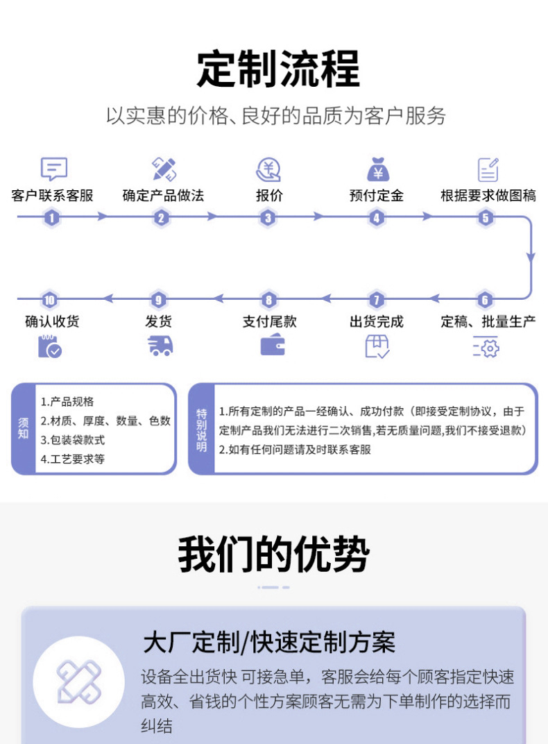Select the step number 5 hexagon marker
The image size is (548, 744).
(486, 217)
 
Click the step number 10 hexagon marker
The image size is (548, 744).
(49, 300)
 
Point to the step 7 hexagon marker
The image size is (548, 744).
(376, 300)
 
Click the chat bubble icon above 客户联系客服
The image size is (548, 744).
(53, 169)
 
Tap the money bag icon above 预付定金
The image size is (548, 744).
(377, 169)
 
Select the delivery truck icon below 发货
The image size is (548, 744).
(160, 345)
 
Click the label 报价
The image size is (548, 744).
(269, 196)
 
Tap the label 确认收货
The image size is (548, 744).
(52, 321)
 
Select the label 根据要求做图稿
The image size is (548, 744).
(488, 196)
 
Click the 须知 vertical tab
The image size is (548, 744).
(24, 429)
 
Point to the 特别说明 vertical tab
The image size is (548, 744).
(201, 429)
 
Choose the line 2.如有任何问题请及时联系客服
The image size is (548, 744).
(295, 450)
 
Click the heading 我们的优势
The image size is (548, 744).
(273, 555)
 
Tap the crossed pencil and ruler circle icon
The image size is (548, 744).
(79, 681)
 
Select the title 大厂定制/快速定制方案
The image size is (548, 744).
(268, 643)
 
